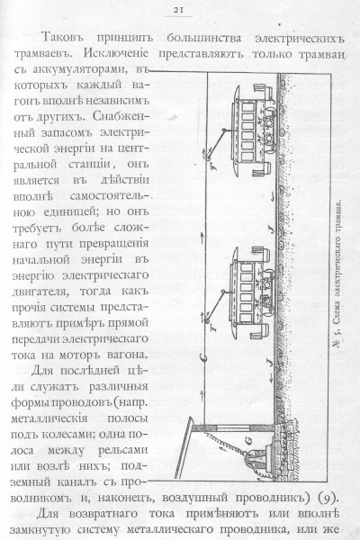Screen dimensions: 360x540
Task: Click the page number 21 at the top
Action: coord(178,10)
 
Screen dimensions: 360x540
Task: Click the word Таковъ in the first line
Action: coord(63,38)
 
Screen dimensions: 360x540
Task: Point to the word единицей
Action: coord(71,211)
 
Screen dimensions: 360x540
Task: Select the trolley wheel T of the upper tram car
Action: coord(208,157)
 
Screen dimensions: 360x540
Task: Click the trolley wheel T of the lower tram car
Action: coord(207,320)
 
